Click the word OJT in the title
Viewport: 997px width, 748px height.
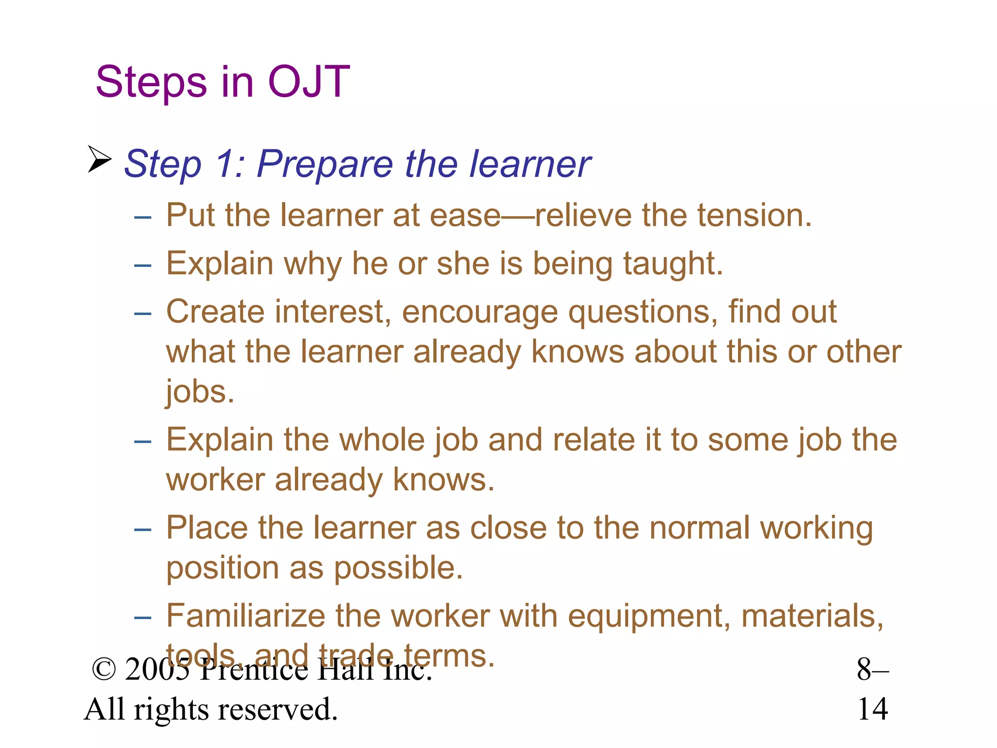click(x=309, y=82)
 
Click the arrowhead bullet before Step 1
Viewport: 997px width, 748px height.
click(x=100, y=159)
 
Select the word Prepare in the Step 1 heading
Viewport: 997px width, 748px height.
click(x=324, y=164)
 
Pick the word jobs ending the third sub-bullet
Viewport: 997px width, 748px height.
click(x=200, y=392)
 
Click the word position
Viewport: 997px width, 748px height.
click(x=222, y=568)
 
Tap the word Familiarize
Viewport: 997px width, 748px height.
click(x=245, y=616)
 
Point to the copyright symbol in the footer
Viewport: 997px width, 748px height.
click(x=104, y=670)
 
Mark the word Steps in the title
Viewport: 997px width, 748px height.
click(x=151, y=82)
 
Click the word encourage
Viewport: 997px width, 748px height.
click(x=480, y=312)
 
